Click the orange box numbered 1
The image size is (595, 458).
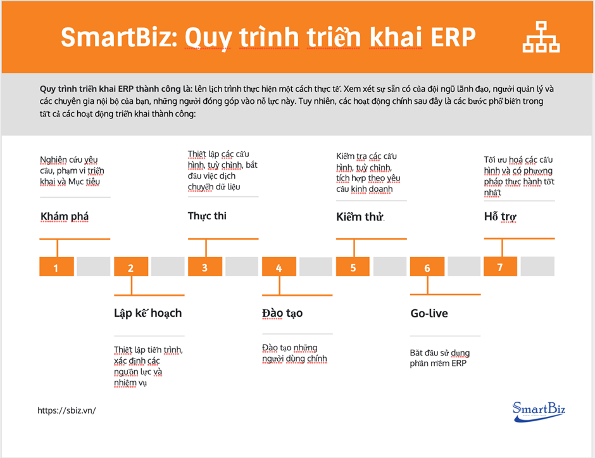point(56,267)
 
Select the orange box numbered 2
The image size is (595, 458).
point(130,267)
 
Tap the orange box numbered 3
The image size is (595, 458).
point(204,267)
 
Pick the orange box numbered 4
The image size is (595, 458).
point(279,267)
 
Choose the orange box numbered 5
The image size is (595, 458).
point(353,267)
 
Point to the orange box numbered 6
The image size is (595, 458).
point(427,267)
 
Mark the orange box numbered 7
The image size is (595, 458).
point(500,266)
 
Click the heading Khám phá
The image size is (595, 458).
point(65,217)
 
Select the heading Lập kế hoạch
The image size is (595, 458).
point(148,313)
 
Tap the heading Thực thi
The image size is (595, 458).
point(207,216)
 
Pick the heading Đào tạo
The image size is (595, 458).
point(282,313)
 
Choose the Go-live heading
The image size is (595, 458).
point(429,313)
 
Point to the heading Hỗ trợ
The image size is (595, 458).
point(500,217)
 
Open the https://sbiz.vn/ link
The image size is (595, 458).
point(66,410)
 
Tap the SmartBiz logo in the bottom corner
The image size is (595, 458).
point(538,409)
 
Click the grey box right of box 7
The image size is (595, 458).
point(537,266)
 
